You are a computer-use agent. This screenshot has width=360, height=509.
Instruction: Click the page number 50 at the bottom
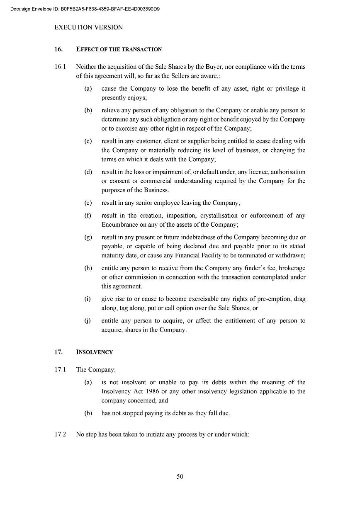pyautogui.click(x=180, y=477)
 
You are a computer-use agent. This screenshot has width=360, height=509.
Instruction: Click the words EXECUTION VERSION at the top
pyautogui.click(x=88, y=27)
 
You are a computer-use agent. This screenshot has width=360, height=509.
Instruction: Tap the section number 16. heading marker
pyautogui.click(x=58, y=49)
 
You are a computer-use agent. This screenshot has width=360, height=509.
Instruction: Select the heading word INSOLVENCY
pyautogui.click(x=95, y=352)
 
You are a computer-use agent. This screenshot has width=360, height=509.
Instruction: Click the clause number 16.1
pyautogui.click(x=60, y=67)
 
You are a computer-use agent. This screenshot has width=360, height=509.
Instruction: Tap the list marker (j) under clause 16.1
pyautogui.click(x=88, y=321)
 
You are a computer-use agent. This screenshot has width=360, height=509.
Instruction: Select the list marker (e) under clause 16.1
pyautogui.click(x=88, y=203)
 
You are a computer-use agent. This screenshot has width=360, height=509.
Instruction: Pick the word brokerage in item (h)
pyautogui.click(x=292, y=268)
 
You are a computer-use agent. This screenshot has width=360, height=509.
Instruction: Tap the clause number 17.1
pyautogui.click(x=60, y=370)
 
